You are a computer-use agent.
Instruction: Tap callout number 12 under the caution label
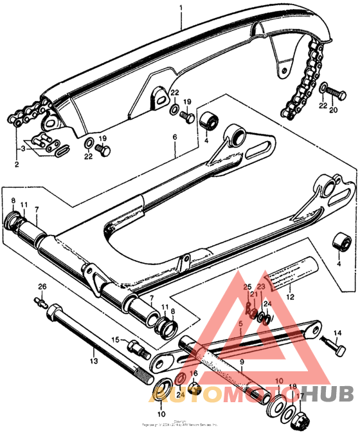point(291,297)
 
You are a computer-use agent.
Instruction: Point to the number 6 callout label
point(174,137)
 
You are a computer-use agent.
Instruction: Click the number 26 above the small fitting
point(42,286)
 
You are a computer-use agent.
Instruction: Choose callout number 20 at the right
point(333,109)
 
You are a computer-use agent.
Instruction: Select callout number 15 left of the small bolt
point(116,339)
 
